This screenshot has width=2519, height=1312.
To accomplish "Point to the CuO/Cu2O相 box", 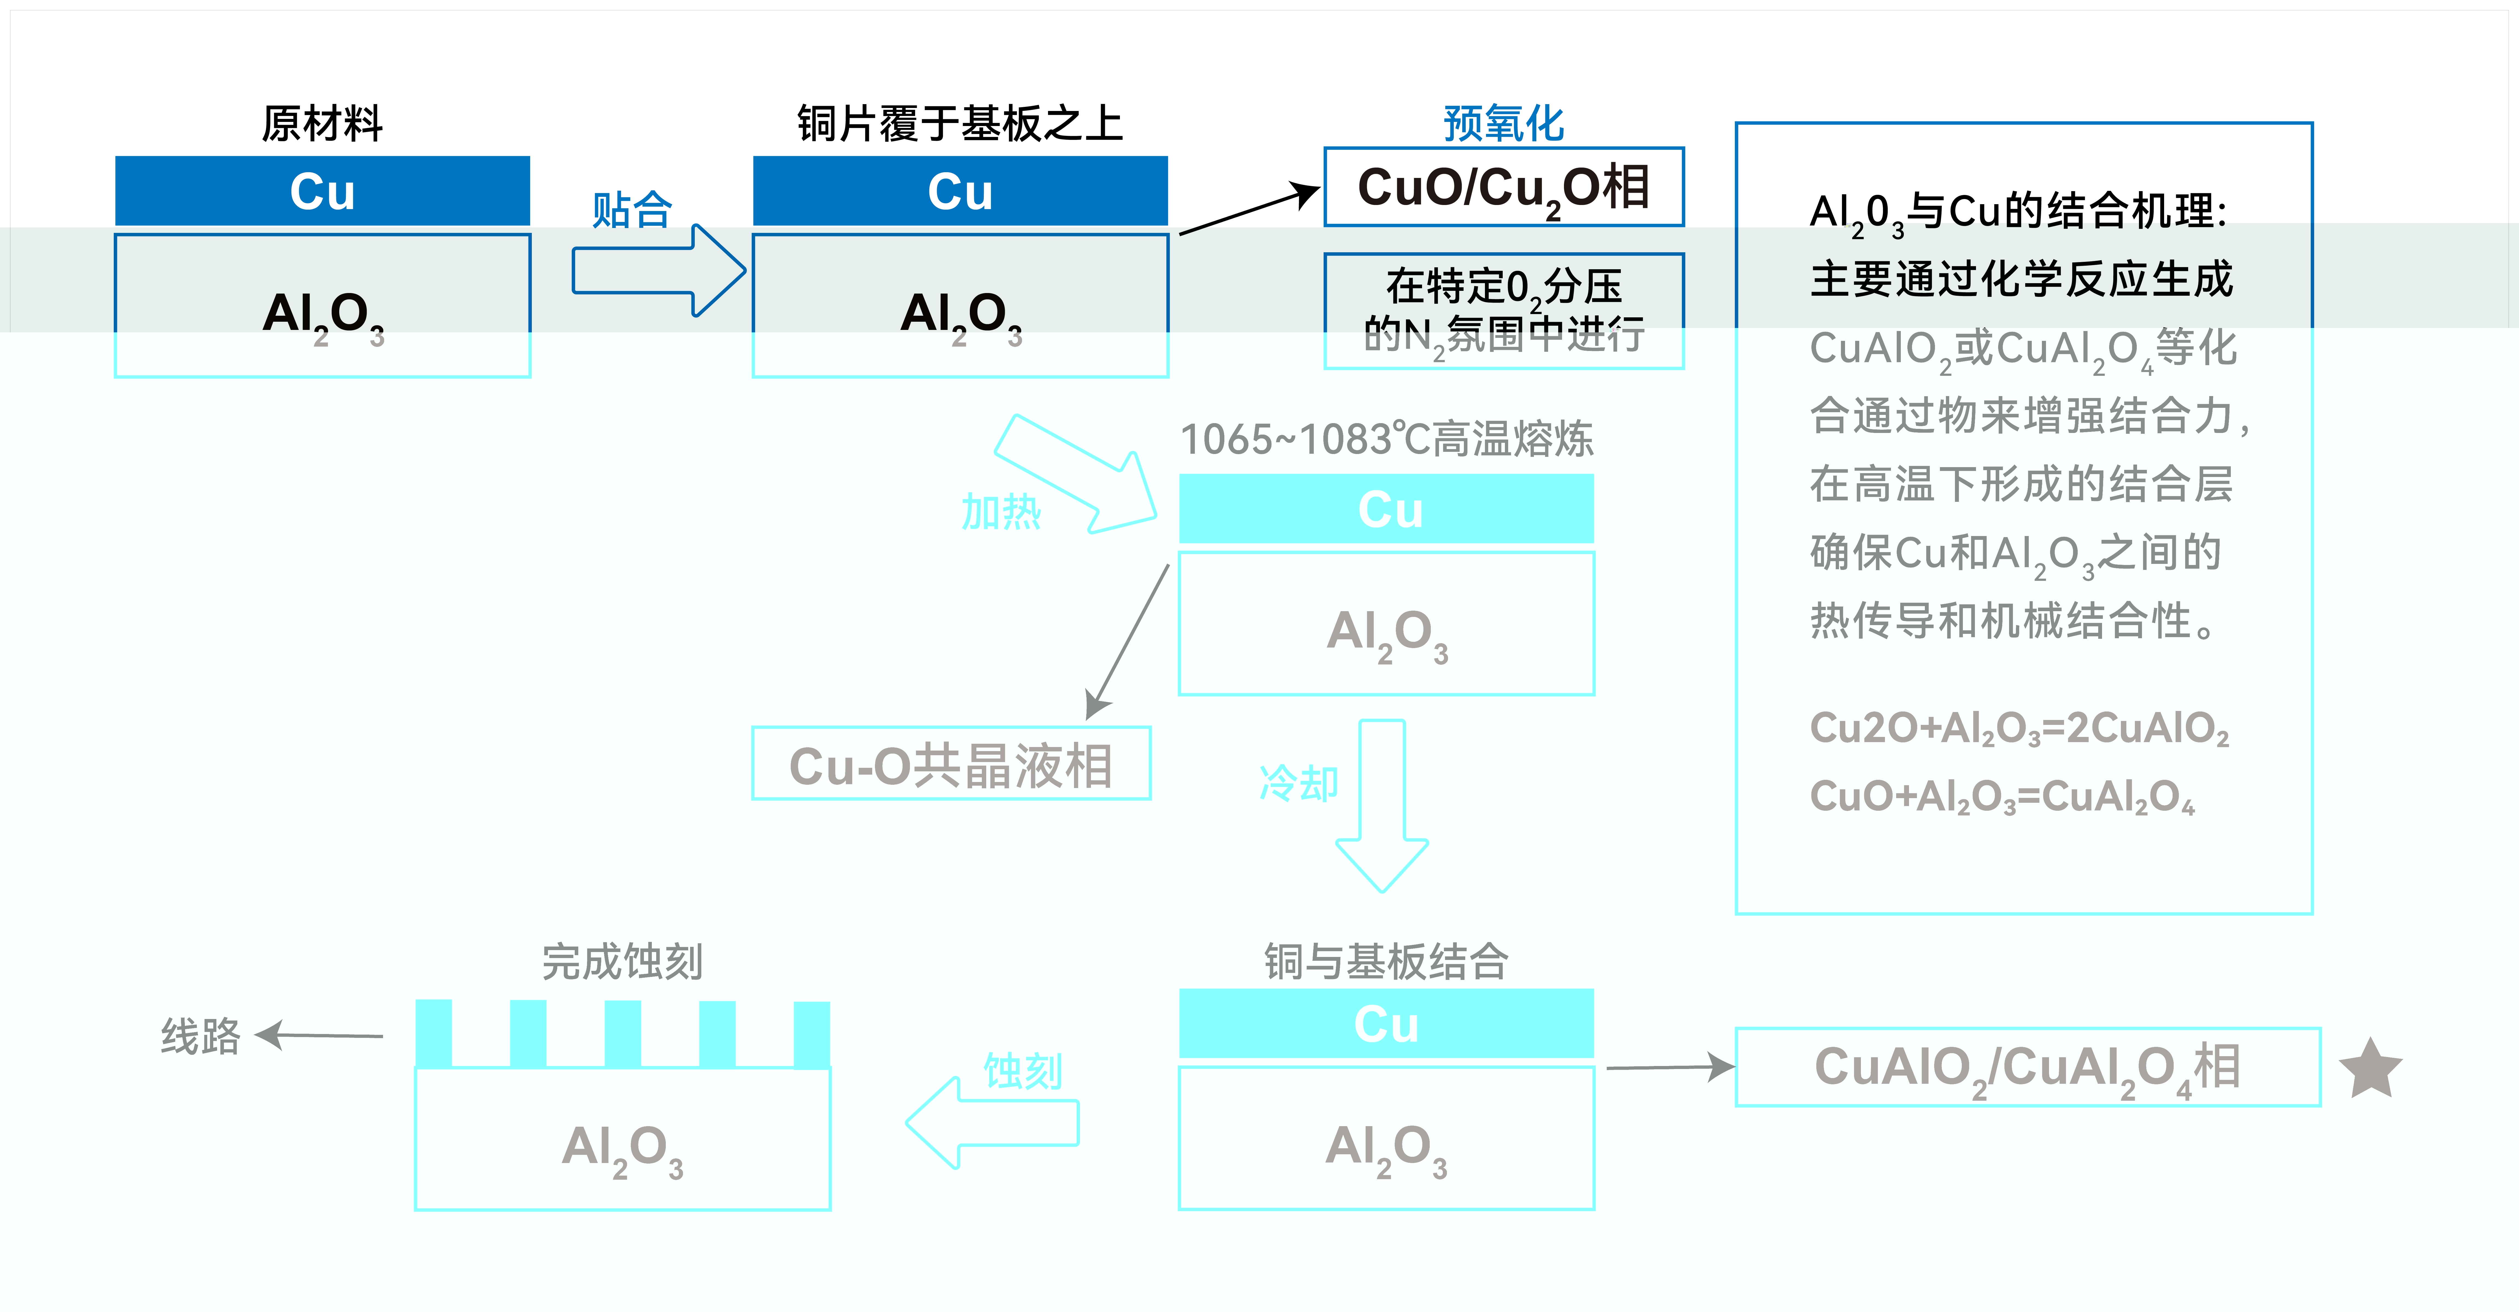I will [x=1503, y=187].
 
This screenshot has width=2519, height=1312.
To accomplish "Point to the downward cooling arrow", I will [x=1382, y=807].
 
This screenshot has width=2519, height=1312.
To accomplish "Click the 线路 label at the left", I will [x=200, y=1035].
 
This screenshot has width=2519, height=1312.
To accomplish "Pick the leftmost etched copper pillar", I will [x=433, y=1033].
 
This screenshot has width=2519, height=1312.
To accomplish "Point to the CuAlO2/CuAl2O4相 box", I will [x=2027, y=1067].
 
